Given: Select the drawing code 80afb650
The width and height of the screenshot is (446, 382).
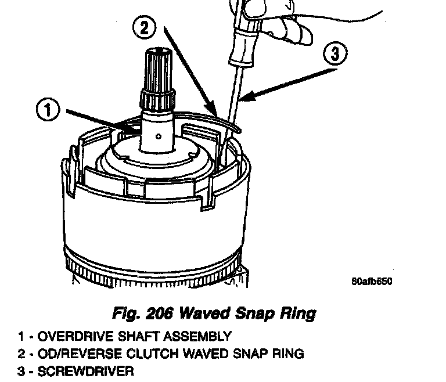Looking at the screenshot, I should (x=372, y=282).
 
